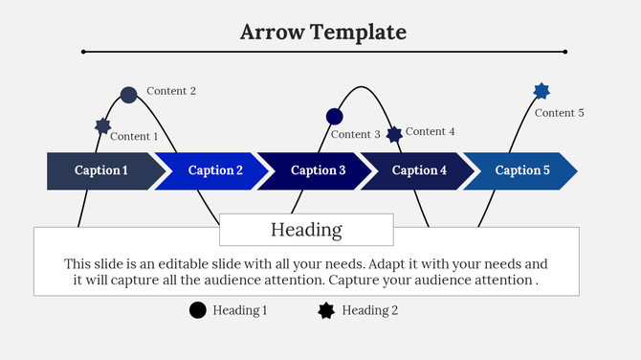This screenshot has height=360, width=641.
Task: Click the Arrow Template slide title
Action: click(322, 32)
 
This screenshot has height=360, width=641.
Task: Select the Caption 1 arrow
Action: click(101, 170)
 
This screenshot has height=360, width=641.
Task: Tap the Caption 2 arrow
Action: click(214, 170)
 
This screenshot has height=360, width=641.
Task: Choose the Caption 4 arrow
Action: click(417, 170)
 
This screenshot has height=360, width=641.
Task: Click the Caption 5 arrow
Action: click(521, 170)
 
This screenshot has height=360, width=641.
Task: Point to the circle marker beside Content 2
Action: click(129, 95)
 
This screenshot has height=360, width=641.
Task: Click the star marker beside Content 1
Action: click(102, 125)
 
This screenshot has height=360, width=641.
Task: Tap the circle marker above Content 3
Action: click(334, 117)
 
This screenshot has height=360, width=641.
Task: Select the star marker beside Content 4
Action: click(394, 134)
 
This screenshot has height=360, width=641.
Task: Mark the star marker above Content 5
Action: click(542, 91)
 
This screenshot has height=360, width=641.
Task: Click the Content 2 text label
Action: click(171, 91)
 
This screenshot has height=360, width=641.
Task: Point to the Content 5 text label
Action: click(559, 113)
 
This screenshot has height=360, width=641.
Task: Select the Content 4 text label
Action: click(430, 131)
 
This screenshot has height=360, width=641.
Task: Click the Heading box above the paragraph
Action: click(306, 230)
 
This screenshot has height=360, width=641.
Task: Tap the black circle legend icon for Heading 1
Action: click(198, 309)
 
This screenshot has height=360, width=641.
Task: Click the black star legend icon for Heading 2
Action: click(326, 309)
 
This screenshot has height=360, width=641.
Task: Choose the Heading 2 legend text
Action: click(369, 310)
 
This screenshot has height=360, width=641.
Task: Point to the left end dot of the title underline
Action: click(84, 52)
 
